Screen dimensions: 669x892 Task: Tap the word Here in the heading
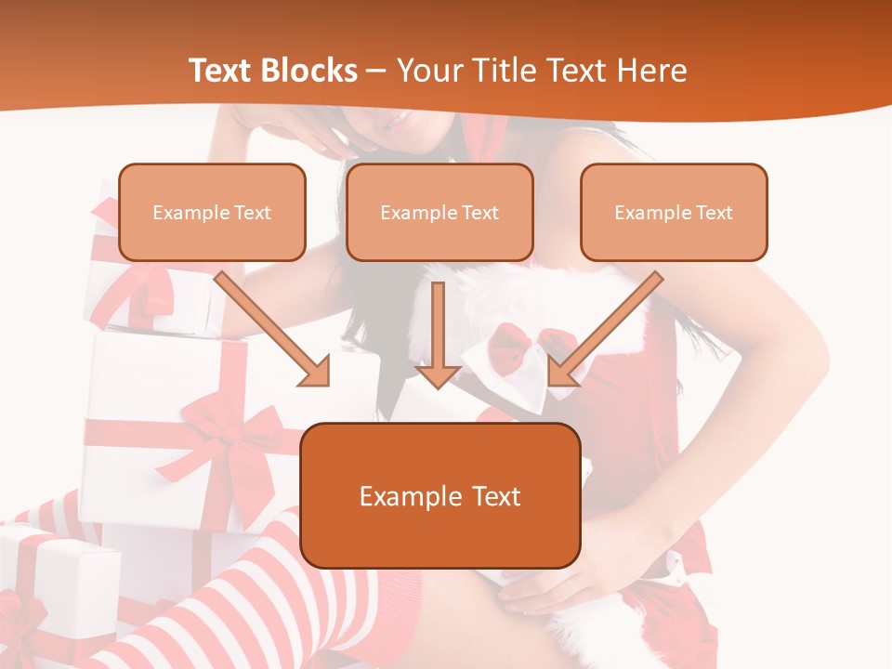(652, 71)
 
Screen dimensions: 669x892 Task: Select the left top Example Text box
(212, 212)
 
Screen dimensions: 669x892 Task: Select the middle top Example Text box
(439, 212)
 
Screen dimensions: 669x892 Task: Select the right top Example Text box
(674, 212)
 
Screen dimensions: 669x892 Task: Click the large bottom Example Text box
(440, 495)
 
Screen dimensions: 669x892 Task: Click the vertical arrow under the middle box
(438, 334)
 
